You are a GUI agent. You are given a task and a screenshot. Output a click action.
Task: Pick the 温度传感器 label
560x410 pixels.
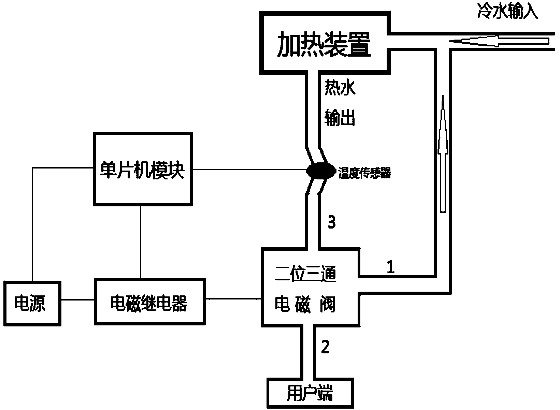click(x=364, y=174)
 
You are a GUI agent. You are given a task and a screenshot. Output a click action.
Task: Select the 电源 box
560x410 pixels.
click(x=32, y=303)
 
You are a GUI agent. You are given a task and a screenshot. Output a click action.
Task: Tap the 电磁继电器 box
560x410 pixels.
click(x=149, y=302)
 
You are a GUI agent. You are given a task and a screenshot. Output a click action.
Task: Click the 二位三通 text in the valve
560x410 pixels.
click(x=306, y=275)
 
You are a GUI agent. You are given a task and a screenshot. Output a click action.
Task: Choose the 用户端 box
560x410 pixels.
click(x=310, y=393)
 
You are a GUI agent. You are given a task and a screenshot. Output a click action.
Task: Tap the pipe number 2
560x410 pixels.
click(x=325, y=347)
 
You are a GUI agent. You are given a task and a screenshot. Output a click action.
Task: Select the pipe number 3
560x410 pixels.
click(x=331, y=222)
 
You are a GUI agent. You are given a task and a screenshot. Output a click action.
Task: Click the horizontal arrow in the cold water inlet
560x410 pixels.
click(x=498, y=42)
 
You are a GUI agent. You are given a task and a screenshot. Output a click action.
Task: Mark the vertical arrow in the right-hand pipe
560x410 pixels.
click(x=443, y=153)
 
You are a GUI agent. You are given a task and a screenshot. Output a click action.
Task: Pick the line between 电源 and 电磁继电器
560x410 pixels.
click(x=78, y=300)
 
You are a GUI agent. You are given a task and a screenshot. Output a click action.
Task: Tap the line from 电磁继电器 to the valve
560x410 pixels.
click(x=233, y=299)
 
